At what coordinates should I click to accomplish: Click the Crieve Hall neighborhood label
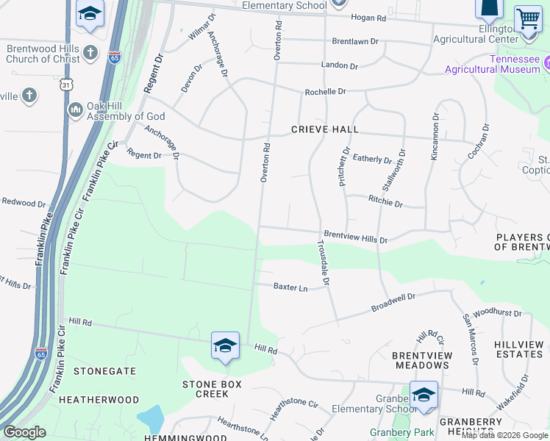click(x=324, y=129)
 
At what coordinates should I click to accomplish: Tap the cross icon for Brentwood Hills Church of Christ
click(x=90, y=53)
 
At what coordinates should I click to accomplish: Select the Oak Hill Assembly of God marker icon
click(x=75, y=110)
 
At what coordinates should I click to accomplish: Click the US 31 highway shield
click(x=68, y=85)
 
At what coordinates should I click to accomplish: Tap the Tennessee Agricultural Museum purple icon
click(x=546, y=67)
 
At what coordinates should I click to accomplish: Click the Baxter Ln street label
click(x=290, y=287)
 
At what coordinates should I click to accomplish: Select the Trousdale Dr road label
click(x=325, y=262)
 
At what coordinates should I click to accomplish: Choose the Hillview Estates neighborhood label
click(x=519, y=349)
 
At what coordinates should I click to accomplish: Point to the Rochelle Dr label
click(x=325, y=92)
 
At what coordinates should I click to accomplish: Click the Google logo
click(x=24, y=432)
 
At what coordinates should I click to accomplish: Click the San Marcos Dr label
click(x=471, y=340)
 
